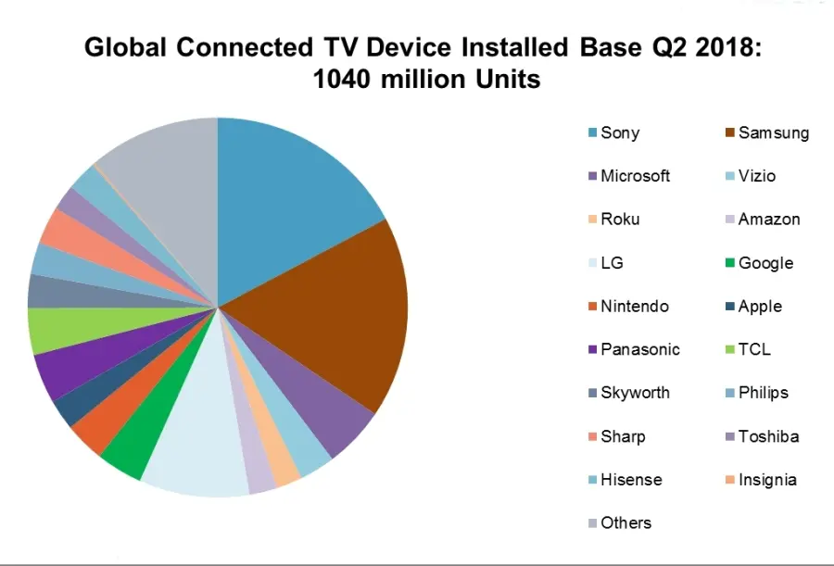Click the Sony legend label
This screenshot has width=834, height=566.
click(620, 132)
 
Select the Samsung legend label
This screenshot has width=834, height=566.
click(773, 132)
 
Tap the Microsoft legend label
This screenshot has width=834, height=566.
click(635, 176)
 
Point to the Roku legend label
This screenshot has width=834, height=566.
click(620, 220)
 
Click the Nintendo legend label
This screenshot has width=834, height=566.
click(634, 307)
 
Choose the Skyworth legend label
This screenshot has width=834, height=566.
click(635, 393)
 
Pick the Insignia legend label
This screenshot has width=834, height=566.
click(767, 480)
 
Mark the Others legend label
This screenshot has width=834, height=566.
click(625, 523)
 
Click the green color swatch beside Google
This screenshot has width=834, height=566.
click(729, 263)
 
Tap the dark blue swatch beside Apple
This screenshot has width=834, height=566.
click(729, 307)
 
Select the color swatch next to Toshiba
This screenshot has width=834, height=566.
click(729, 436)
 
